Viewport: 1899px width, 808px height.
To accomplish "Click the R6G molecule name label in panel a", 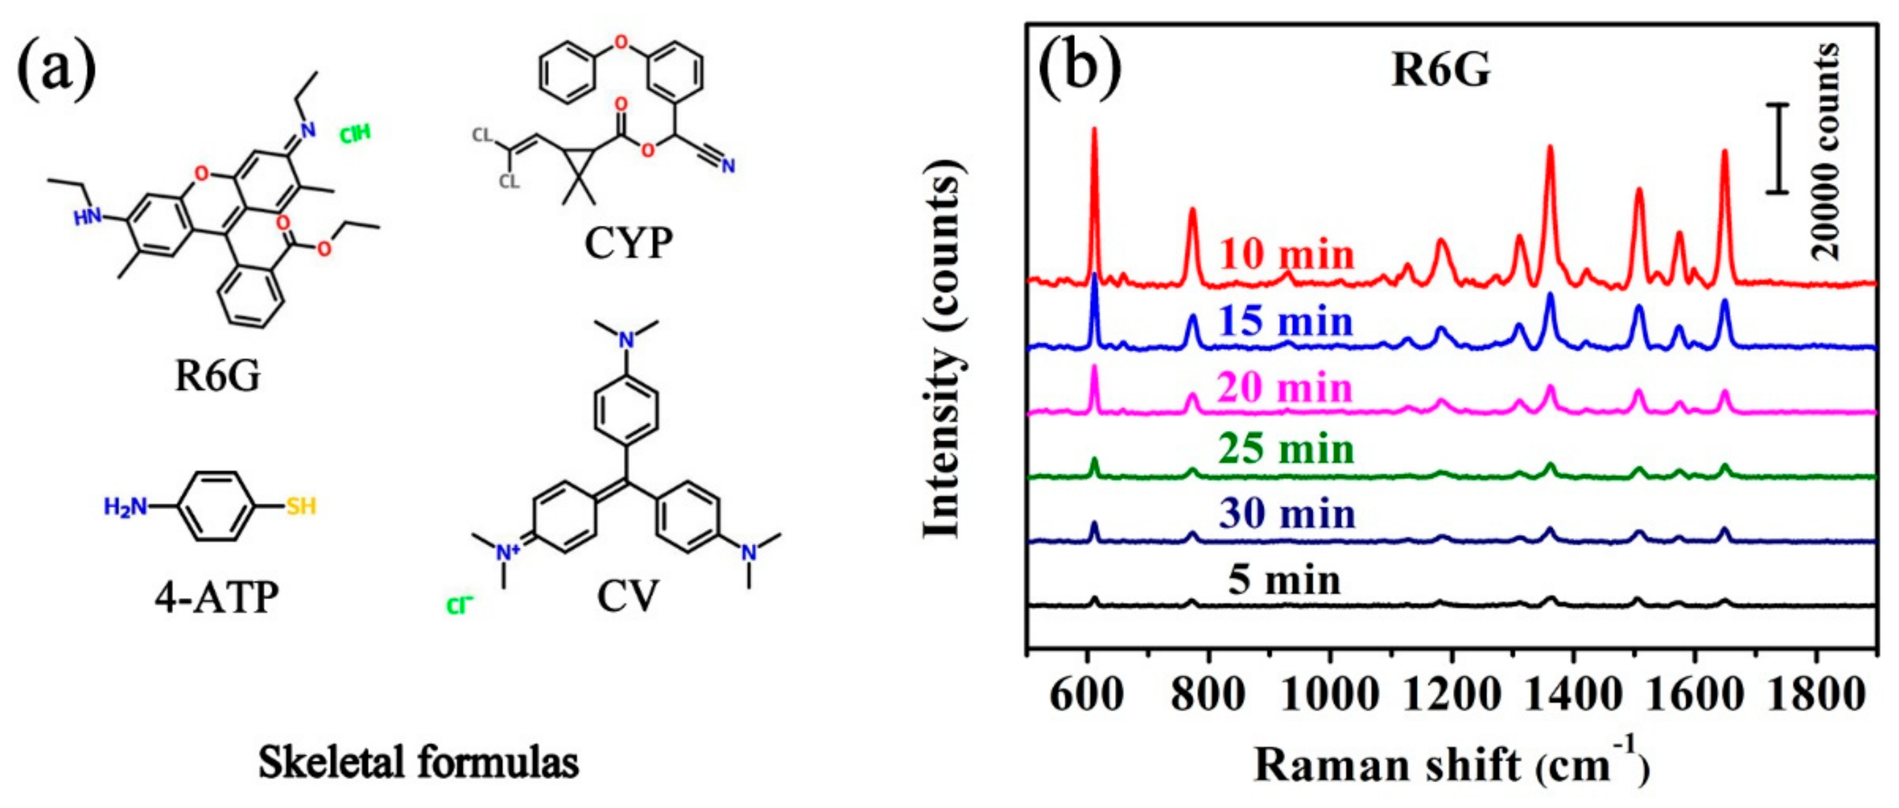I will [217, 376].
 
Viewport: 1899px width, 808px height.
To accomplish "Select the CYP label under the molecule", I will [628, 243].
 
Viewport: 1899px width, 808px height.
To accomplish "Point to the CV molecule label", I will [627, 596].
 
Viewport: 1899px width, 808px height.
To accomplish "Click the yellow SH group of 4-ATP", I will [301, 507].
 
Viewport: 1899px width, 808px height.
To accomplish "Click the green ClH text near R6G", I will [354, 134].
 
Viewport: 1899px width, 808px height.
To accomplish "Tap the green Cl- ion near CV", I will [459, 605].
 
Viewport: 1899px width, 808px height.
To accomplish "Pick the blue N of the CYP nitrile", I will [729, 167].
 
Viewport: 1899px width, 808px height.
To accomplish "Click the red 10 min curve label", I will [1287, 255].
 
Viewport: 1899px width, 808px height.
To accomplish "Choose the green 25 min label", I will [1287, 449].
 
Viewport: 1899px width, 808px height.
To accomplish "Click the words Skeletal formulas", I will [418, 762].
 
